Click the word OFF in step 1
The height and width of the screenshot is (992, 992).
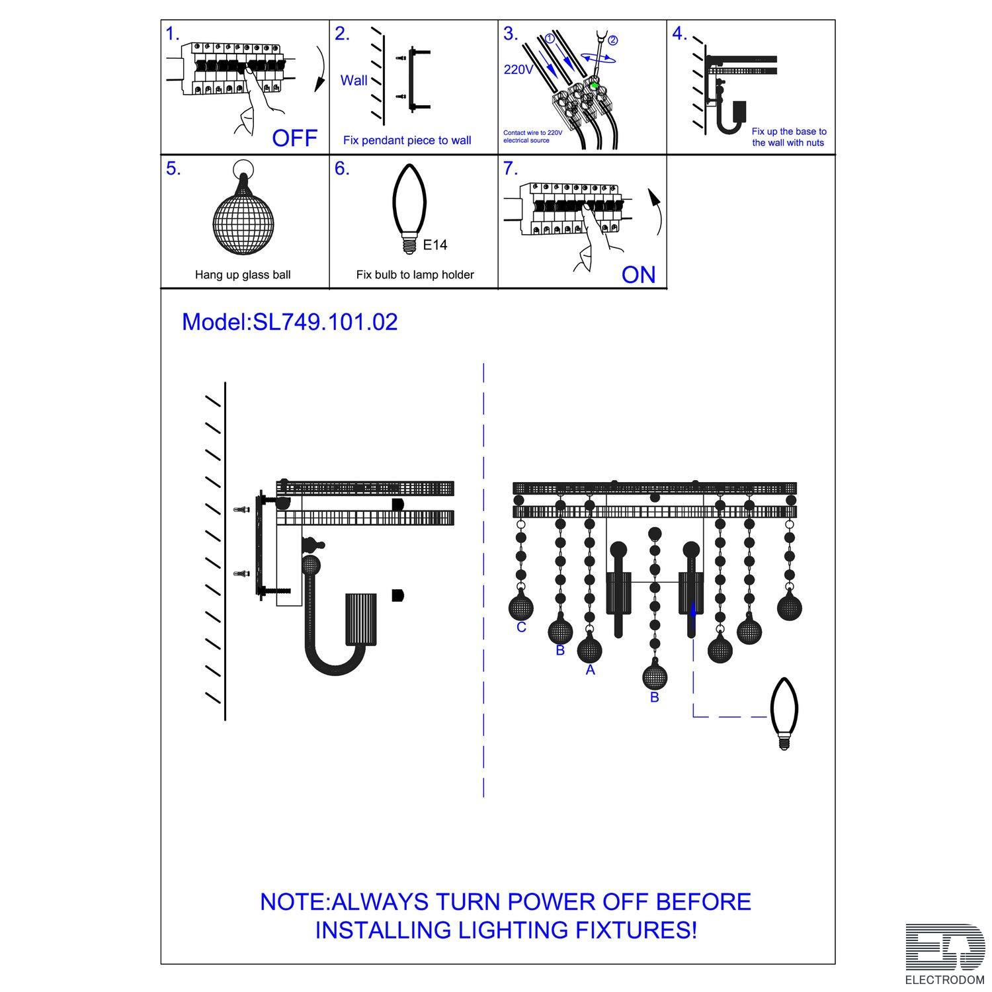[295, 138]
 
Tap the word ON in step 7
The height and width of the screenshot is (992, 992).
[638, 274]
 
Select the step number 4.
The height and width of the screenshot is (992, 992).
[680, 34]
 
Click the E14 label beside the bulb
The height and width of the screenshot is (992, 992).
[434, 245]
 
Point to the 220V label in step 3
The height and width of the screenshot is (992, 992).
[518, 69]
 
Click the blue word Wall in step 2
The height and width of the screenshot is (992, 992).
[354, 81]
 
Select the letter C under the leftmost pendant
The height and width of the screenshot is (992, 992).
[521, 627]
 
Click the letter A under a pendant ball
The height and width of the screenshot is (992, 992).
[591, 670]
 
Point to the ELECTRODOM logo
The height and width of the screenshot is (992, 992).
[945, 954]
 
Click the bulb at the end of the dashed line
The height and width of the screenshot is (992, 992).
[784, 714]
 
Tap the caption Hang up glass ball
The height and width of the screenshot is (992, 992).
[243, 275]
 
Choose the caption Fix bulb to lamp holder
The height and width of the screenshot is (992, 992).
[415, 274]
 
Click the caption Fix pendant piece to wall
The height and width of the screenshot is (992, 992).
[407, 140]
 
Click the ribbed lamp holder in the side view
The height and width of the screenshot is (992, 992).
[361, 619]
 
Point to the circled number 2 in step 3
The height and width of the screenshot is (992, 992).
[612, 40]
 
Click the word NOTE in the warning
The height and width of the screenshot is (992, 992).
[293, 902]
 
